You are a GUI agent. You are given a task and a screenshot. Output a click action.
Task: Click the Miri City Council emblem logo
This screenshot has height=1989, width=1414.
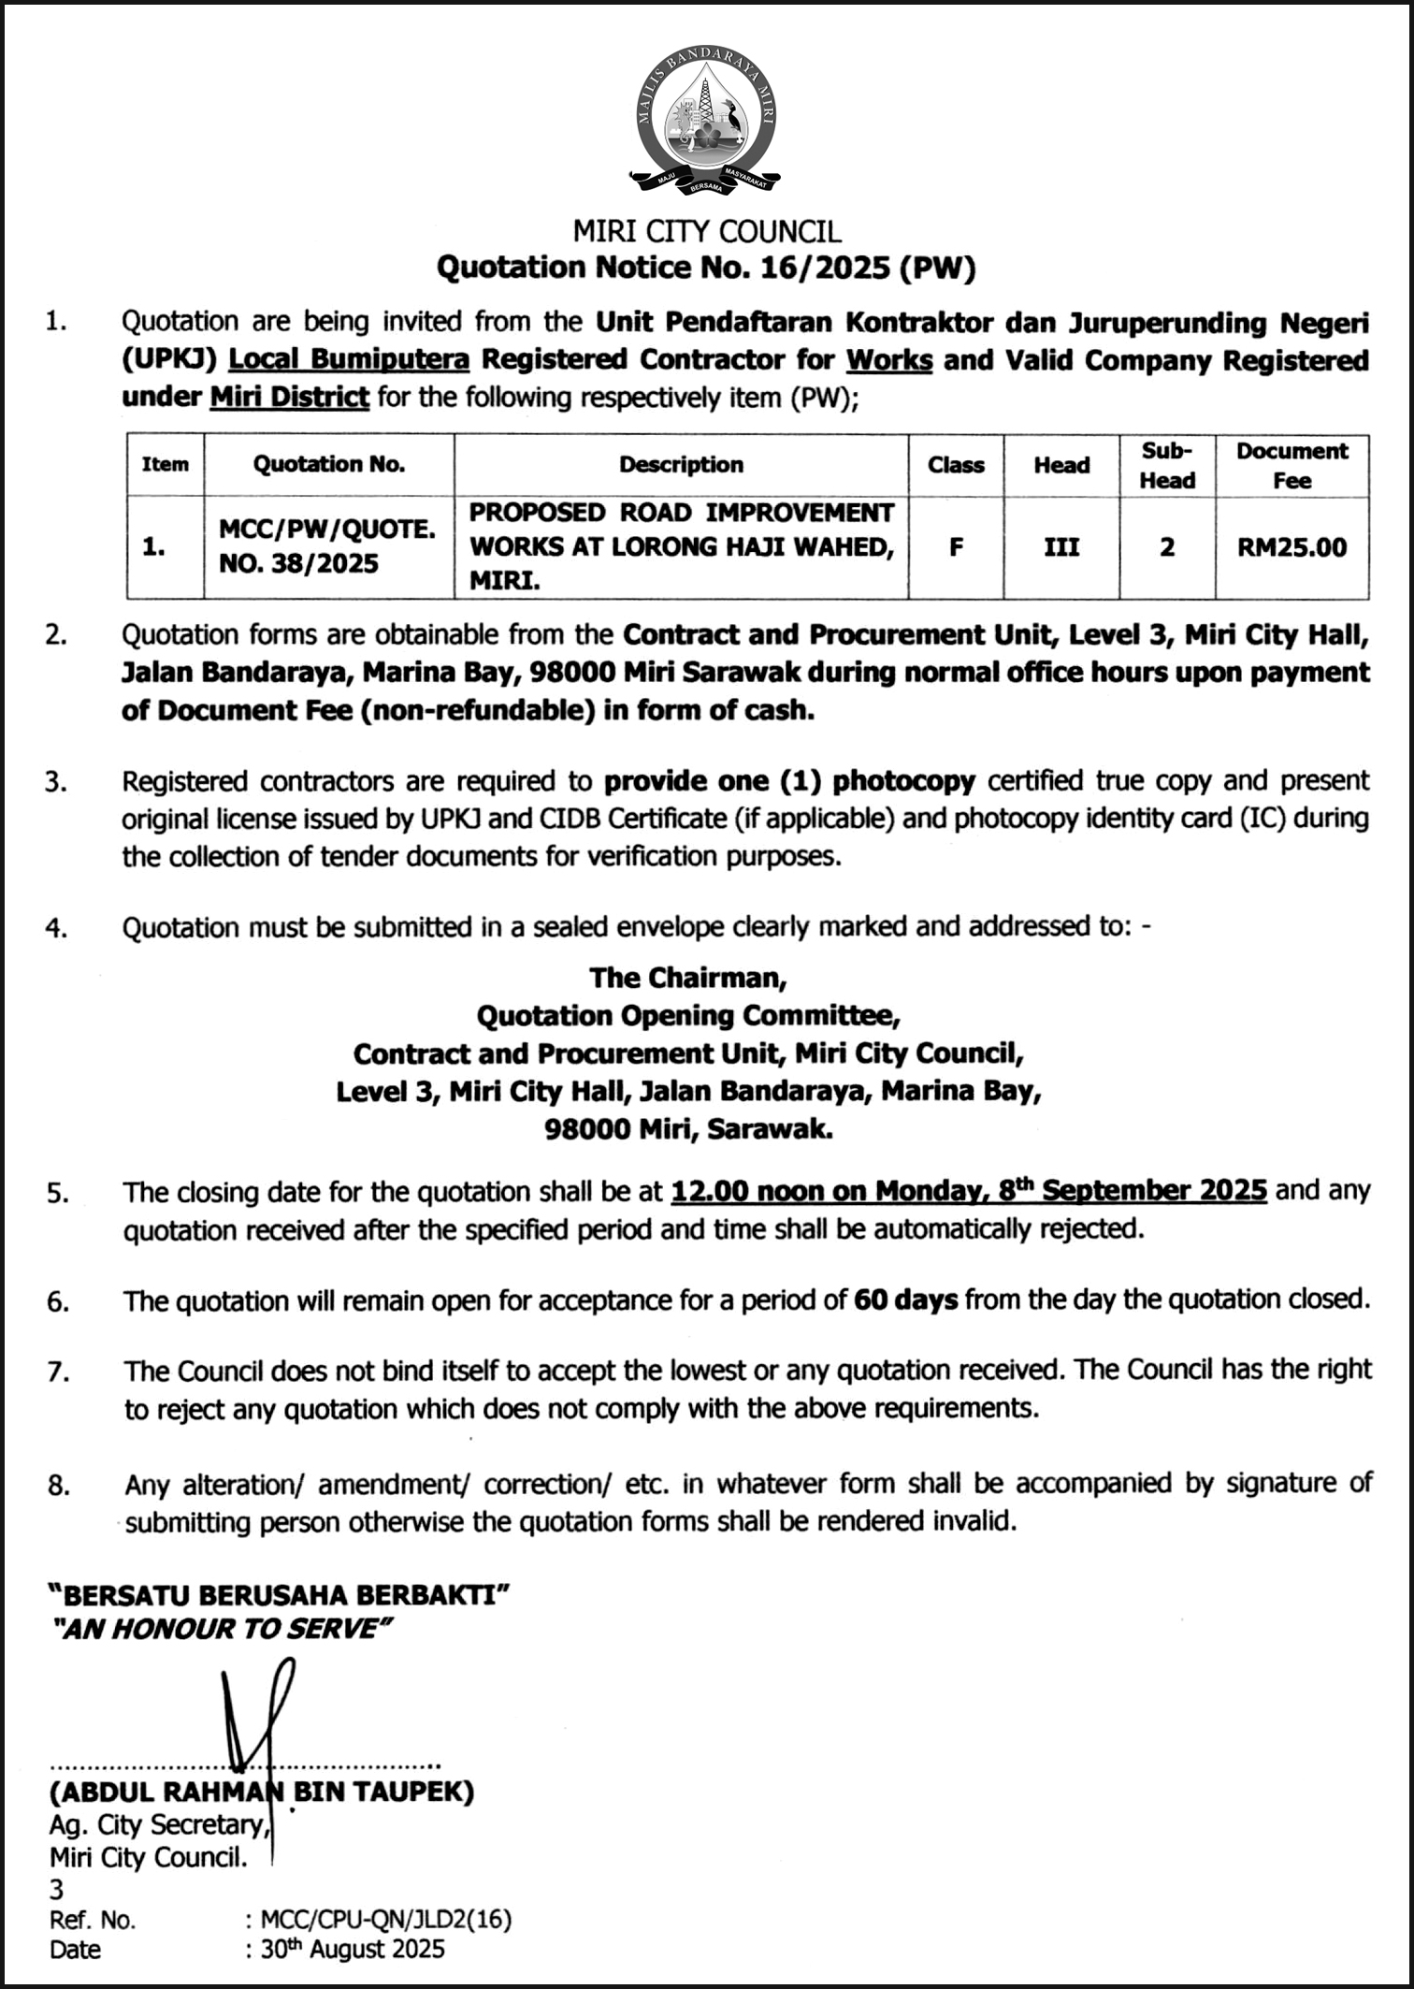pyautogui.click(x=706, y=122)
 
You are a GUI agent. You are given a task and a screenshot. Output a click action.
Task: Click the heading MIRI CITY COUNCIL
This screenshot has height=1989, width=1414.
pyautogui.click(x=706, y=231)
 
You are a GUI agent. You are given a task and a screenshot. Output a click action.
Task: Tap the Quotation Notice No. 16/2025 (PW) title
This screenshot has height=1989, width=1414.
pyautogui.click(x=706, y=269)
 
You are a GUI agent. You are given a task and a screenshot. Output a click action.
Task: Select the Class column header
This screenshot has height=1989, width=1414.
pyautogui.click(x=955, y=465)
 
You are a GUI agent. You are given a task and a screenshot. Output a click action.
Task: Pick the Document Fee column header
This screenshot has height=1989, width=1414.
pyautogui.click(x=1291, y=465)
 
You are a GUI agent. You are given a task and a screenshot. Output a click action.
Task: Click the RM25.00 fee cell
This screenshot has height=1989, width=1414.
pyautogui.click(x=1291, y=547)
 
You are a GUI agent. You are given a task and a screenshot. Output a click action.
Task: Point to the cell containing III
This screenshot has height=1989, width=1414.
pyautogui.click(x=1060, y=547)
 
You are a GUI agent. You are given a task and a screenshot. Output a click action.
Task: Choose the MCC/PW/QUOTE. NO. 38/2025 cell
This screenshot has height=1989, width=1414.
pyautogui.click(x=327, y=546)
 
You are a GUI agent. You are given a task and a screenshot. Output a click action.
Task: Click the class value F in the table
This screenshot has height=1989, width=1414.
pyautogui.click(x=955, y=547)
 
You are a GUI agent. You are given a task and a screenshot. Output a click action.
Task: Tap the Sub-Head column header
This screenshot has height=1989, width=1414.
pyautogui.click(x=1166, y=465)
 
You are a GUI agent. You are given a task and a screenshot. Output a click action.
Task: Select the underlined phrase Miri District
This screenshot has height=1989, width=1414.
pyautogui.click(x=290, y=398)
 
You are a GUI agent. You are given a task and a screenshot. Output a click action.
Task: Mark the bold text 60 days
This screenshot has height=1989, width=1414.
pyautogui.click(x=905, y=1299)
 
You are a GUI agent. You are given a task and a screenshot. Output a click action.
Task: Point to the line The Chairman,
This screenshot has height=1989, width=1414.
pyautogui.click(x=688, y=978)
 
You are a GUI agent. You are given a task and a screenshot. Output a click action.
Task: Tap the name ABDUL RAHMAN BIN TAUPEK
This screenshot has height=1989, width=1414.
pyautogui.click(x=262, y=1792)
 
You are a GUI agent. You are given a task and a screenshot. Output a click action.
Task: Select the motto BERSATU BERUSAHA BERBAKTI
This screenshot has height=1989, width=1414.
pyautogui.click(x=279, y=1594)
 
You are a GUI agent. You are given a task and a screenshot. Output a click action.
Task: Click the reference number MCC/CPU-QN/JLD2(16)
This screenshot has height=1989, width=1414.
pyautogui.click(x=386, y=1919)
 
